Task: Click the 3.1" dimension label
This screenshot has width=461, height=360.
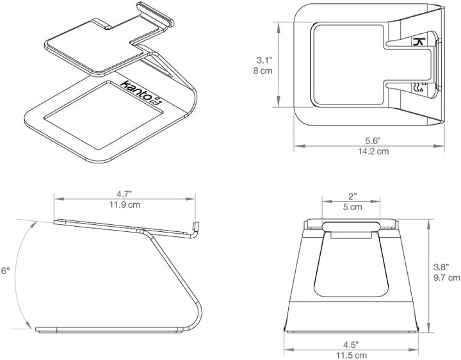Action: [264, 60]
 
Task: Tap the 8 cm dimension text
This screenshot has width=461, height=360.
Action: [263, 71]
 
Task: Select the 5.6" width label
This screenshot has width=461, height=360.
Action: [373, 141]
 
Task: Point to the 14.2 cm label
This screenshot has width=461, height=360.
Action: [373, 151]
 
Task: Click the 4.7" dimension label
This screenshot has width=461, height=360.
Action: [124, 194]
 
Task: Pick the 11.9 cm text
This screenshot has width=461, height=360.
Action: [125, 204]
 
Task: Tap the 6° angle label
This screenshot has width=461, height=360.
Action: [6, 270]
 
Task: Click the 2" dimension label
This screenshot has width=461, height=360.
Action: [353, 197]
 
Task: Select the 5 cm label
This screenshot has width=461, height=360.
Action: [353, 207]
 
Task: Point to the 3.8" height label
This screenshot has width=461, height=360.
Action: [441, 267]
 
